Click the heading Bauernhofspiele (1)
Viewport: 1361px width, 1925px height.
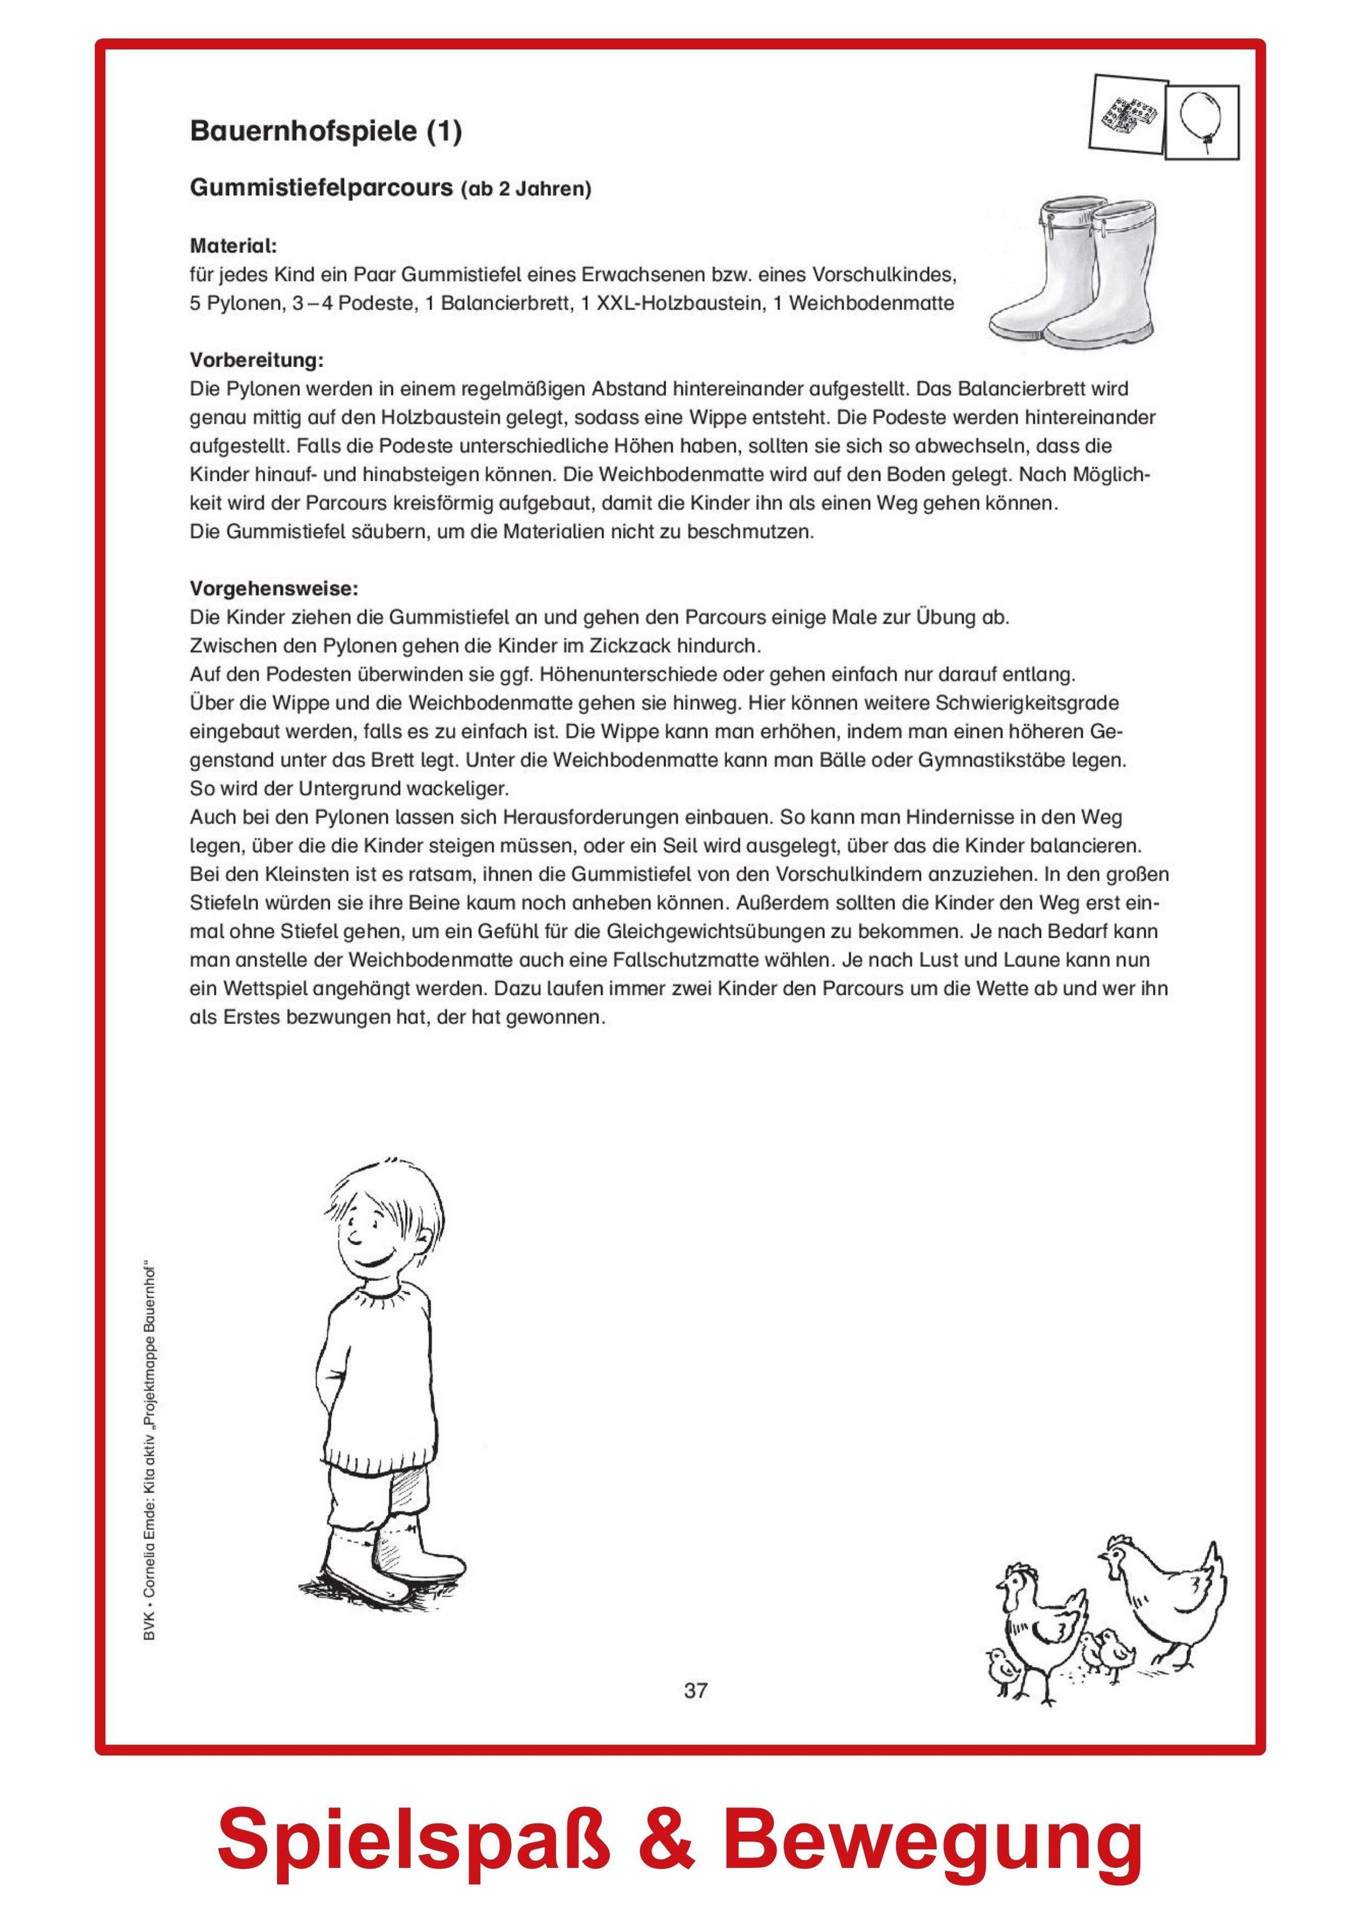click(x=326, y=133)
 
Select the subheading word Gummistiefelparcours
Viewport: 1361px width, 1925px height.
click(x=321, y=189)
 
